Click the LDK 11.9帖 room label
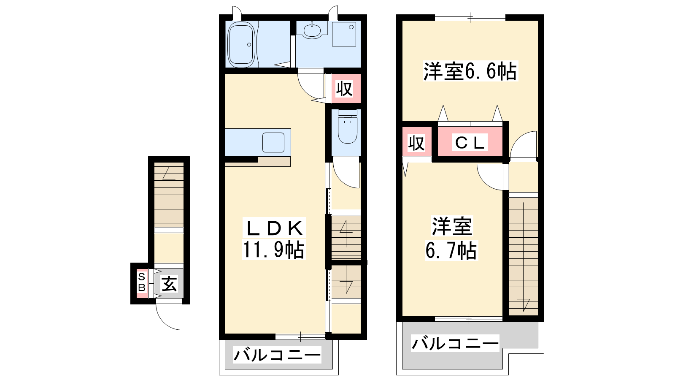(x=274, y=239)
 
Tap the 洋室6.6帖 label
(x=470, y=71)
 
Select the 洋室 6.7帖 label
(x=451, y=238)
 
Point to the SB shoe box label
(x=142, y=282)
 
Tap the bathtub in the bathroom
(x=242, y=44)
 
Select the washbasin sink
(x=312, y=30)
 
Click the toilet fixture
(x=348, y=126)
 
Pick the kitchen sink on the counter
(x=273, y=142)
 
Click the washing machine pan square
(x=344, y=33)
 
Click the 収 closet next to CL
(x=416, y=143)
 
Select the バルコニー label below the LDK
(x=277, y=355)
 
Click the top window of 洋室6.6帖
(x=470, y=17)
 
